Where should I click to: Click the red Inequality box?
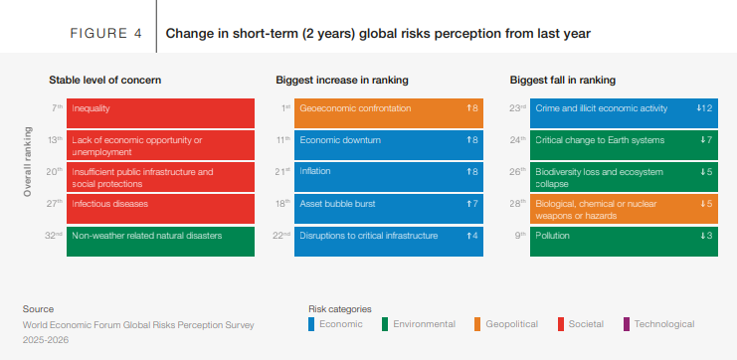(160, 113)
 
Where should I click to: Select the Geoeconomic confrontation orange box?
(389, 113)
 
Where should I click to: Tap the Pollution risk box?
(624, 242)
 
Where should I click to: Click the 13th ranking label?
(55, 139)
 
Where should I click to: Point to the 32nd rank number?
(54, 236)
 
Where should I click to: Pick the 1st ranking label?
(285, 108)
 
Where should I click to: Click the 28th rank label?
(517, 204)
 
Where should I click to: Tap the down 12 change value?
(704, 108)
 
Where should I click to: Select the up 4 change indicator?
(471, 236)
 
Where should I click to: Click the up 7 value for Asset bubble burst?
(471, 204)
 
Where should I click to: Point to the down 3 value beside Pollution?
(706, 236)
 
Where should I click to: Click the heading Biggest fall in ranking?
(563, 80)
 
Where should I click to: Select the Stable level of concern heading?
(104, 80)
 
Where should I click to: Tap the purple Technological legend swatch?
(626, 324)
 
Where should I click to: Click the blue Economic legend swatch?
(311, 324)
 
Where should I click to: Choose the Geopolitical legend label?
(512, 324)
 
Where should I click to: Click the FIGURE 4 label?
(105, 34)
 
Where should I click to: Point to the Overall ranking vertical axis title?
(28, 162)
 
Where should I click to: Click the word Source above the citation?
(38, 309)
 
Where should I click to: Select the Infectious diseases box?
(160, 209)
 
